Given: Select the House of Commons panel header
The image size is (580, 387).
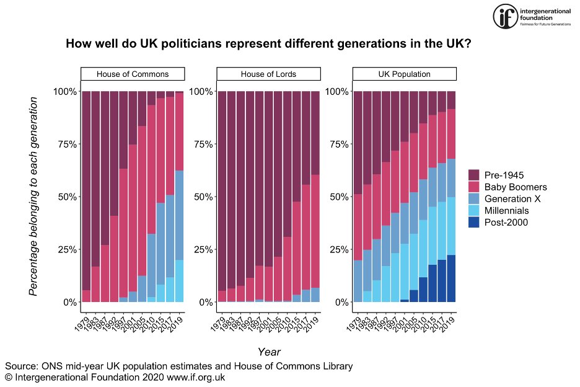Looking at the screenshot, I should pos(133,74).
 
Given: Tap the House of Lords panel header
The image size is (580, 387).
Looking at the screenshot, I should pos(268,74).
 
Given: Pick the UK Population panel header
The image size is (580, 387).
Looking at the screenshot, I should pos(405,74).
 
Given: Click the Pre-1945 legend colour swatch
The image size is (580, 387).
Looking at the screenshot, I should pos(475,175).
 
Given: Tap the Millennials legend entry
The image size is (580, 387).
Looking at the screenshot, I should pos(509,210).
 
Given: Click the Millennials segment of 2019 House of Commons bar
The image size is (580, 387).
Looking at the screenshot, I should pos(179,281).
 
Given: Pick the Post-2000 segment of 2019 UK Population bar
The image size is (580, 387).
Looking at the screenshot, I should pos(451,278).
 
